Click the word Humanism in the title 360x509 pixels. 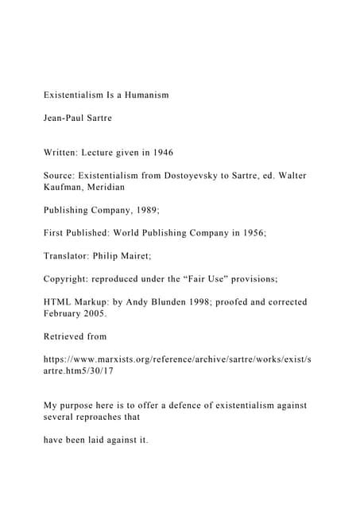144,96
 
